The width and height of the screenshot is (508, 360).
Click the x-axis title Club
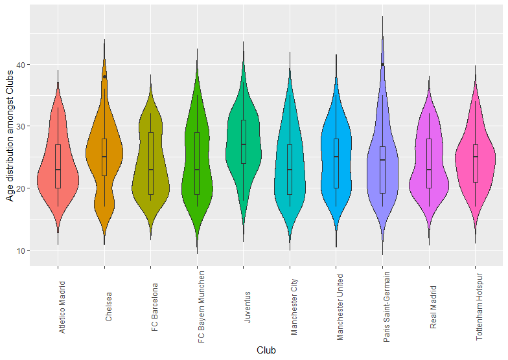[266, 350]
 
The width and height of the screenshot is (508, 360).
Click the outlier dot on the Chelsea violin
[104, 76]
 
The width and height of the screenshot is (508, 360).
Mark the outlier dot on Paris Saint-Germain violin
[382, 64]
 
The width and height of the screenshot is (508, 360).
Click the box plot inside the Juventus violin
[243, 141]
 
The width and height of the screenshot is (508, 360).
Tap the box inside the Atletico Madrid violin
[58, 166]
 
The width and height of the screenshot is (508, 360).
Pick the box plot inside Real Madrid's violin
[429, 163]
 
